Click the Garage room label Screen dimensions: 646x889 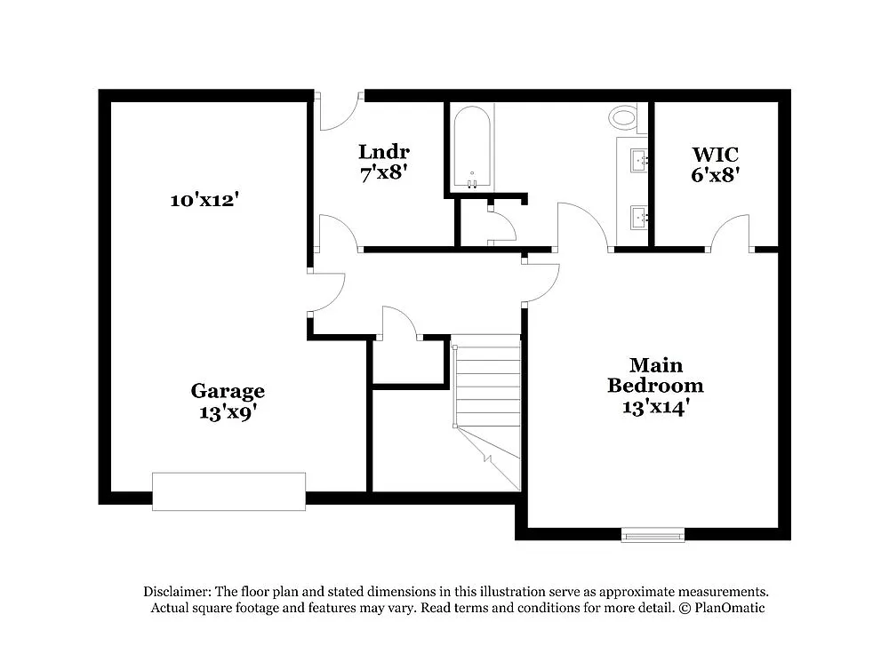click(x=228, y=391)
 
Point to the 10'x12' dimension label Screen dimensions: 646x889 click(x=204, y=200)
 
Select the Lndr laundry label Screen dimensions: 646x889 click(x=384, y=151)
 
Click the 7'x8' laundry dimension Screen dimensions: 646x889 click(x=384, y=172)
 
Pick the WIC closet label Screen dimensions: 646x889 click(x=716, y=155)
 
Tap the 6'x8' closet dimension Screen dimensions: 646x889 click(x=716, y=175)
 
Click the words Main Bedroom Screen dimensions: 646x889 click(x=656, y=375)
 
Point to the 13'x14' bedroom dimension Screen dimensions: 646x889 click(x=656, y=407)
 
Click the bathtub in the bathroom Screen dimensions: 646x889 click(x=471, y=147)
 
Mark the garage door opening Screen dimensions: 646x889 click(x=228, y=491)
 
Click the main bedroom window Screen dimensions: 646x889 click(x=653, y=534)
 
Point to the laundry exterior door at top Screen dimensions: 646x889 click(x=339, y=108)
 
